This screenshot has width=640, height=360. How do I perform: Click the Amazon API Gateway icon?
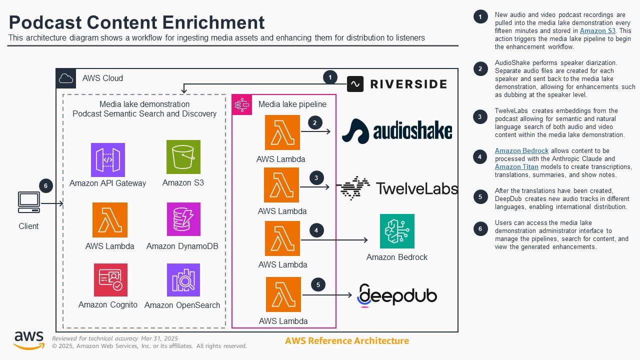pos(108,160)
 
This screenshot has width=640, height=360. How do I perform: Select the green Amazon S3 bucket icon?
pos(183,157)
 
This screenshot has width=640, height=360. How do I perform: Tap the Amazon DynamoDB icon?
pos(183,219)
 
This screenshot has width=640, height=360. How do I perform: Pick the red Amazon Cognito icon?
pos(110,280)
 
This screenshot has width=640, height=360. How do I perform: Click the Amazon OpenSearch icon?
pos(183,280)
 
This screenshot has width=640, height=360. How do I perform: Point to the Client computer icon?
pos(28,201)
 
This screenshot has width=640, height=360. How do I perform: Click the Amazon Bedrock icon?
pos(397,231)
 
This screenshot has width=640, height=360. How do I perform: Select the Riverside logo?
pos(397,84)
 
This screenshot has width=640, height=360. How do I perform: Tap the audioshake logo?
pos(397,131)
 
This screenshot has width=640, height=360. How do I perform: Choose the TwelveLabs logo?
pos(397,188)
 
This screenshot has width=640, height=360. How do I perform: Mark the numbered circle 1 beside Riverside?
pos(330,77)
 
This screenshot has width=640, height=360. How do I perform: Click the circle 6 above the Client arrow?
pos(45,186)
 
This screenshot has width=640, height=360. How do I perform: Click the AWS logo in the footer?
pos(28,340)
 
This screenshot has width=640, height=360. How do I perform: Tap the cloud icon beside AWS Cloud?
pos(66,78)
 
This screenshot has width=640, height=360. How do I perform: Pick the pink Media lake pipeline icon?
pos(241,104)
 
